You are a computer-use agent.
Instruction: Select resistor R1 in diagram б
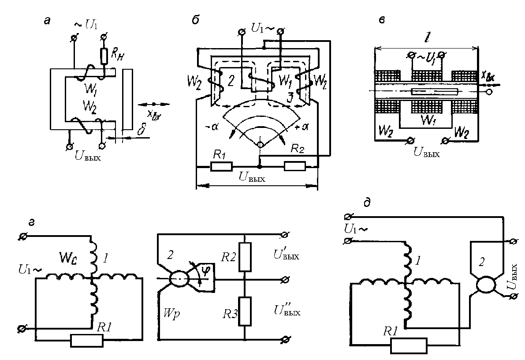221,166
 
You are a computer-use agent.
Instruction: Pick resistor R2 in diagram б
295,166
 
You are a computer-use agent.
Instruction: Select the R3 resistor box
244,311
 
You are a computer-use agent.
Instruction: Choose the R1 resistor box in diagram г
87,341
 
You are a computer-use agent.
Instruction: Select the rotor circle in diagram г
179,279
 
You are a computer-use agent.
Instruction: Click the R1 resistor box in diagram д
409,346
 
